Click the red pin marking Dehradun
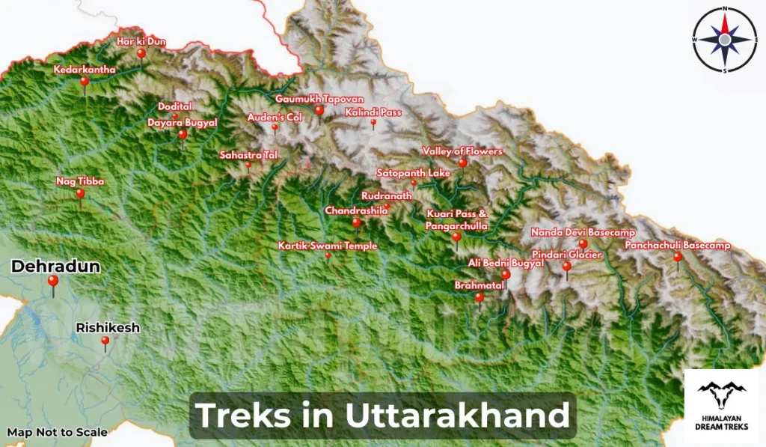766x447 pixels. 52,282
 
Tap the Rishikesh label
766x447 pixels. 108,328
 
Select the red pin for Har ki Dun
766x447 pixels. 141,53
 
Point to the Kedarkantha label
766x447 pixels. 85,70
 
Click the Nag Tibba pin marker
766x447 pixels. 80,193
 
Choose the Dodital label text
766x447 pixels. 175,106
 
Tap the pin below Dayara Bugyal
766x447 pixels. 183,135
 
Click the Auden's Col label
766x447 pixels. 274,118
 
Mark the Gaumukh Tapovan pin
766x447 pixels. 319,111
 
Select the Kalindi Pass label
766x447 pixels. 373,112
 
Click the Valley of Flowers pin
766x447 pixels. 462,162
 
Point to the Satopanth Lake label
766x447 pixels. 413,173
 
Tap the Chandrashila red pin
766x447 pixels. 356,222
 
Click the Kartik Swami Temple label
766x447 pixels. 328,246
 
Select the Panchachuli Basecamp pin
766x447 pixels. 678,258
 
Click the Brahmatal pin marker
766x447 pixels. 479,297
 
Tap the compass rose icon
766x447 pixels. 725,38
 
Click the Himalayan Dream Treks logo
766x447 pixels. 722,405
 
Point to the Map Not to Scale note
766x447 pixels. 57,432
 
